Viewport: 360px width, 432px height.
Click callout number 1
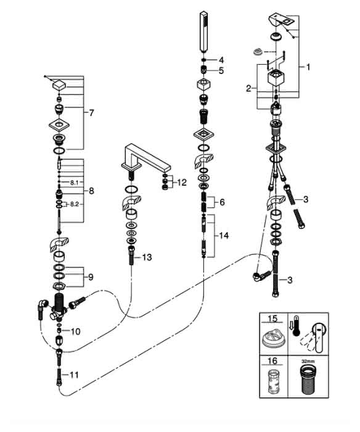[308, 67]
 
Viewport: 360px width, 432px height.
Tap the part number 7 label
[91, 113]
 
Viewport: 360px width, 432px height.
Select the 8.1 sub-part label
[75, 182]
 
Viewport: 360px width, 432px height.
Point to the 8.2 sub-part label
[75, 204]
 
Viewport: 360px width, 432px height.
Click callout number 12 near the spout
[182, 183]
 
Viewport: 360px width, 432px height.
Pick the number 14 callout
[224, 236]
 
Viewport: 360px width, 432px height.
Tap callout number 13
[147, 257]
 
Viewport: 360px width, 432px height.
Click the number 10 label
[75, 331]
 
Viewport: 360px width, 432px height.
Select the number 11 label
[75, 375]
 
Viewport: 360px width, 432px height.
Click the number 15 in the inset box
[272, 319]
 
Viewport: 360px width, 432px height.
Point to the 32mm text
[308, 360]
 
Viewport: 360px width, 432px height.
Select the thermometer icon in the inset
[296, 325]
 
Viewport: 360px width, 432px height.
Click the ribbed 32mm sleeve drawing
[308, 380]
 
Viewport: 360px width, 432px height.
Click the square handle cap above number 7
[59, 85]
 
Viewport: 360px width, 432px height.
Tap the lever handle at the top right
[281, 20]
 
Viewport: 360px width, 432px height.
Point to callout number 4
[221, 60]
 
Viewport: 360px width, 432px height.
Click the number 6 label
[222, 202]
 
